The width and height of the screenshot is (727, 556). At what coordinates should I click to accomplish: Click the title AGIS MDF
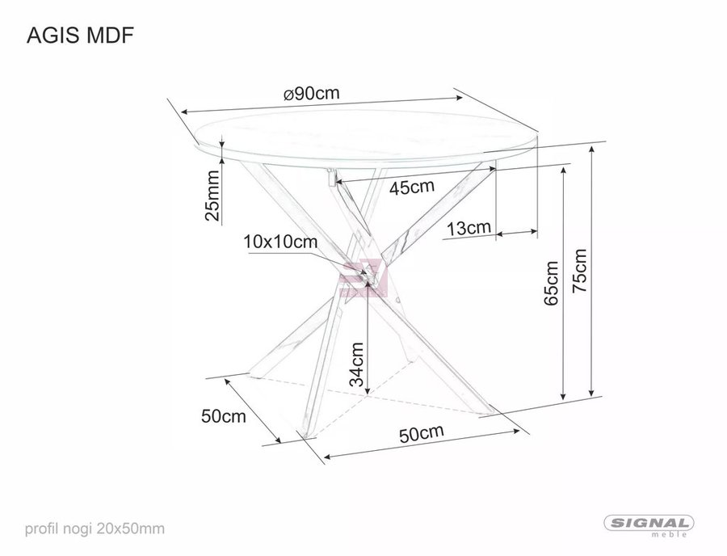[x=81, y=36]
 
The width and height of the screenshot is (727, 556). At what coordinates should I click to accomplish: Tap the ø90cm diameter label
[x=312, y=94]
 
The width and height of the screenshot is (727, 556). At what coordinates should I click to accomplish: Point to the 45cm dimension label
[x=412, y=187]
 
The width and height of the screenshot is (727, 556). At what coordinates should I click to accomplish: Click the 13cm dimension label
[x=469, y=228]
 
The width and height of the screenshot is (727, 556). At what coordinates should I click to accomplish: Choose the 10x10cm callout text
[x=281, y=242]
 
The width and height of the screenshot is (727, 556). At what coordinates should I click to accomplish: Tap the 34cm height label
[x=356, y=364]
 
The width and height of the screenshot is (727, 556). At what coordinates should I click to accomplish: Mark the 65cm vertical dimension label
[x=551, y=283]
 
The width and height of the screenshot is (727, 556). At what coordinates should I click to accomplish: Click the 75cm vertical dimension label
[x=579, y=271]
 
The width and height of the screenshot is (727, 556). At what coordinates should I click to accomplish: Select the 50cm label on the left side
[x=224, y=416]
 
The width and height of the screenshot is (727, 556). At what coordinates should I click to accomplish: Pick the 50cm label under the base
[x=422, y=434]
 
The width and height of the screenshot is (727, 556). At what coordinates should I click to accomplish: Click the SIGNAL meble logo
[x=649, y=525]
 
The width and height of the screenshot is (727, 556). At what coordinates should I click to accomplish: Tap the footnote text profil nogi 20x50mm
[x=95, y=529]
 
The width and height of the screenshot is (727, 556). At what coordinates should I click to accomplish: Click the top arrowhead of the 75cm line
[x=591, y=150]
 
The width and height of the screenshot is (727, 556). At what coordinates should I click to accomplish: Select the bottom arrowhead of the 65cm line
[x=563, y=395]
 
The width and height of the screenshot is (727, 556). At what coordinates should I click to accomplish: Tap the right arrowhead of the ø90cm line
[x=459, y=98]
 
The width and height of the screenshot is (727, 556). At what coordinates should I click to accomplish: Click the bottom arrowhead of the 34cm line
[x=368, y=390]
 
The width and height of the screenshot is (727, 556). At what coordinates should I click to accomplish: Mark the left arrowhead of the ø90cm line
[x=186, y=112]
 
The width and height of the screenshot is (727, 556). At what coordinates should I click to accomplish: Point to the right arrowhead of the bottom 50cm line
[x=515, y=432]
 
